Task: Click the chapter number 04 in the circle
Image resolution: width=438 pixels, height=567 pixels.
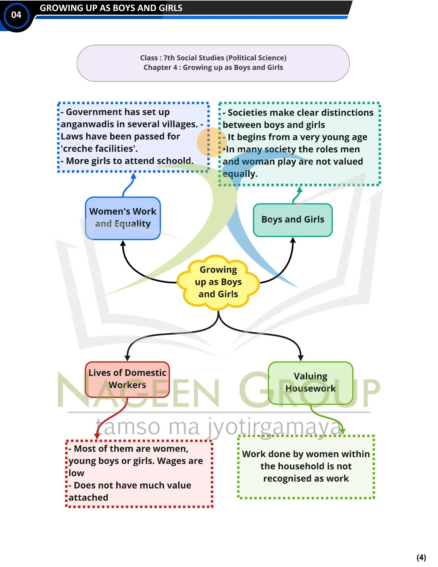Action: click(x=16, y=15)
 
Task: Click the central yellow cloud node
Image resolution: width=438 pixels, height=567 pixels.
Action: click(x=218, y=282)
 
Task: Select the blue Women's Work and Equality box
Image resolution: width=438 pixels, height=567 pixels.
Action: click(x=123, y=218)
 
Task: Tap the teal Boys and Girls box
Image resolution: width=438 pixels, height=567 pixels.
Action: click(x=293, y=220)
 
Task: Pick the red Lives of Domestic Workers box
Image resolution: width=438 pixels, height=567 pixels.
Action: click(x=127, y=379)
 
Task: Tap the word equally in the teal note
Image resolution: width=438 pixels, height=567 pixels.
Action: click(x=240, y=174)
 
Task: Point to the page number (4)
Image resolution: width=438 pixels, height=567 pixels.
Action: click(x=421, y=557)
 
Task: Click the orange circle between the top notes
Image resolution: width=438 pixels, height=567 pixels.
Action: click(x=212, y=142)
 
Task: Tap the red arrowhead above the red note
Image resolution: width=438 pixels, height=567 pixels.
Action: click(x=97, y=436)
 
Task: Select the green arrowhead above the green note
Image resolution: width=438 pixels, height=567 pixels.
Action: click(x=343, y=431)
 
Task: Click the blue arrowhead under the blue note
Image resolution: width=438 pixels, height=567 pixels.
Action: click(x=133, y=176)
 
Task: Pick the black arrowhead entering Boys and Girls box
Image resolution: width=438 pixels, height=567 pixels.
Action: click(x=293, y=240)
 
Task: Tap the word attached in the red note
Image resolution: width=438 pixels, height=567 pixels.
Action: click(x=88, y=497)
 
